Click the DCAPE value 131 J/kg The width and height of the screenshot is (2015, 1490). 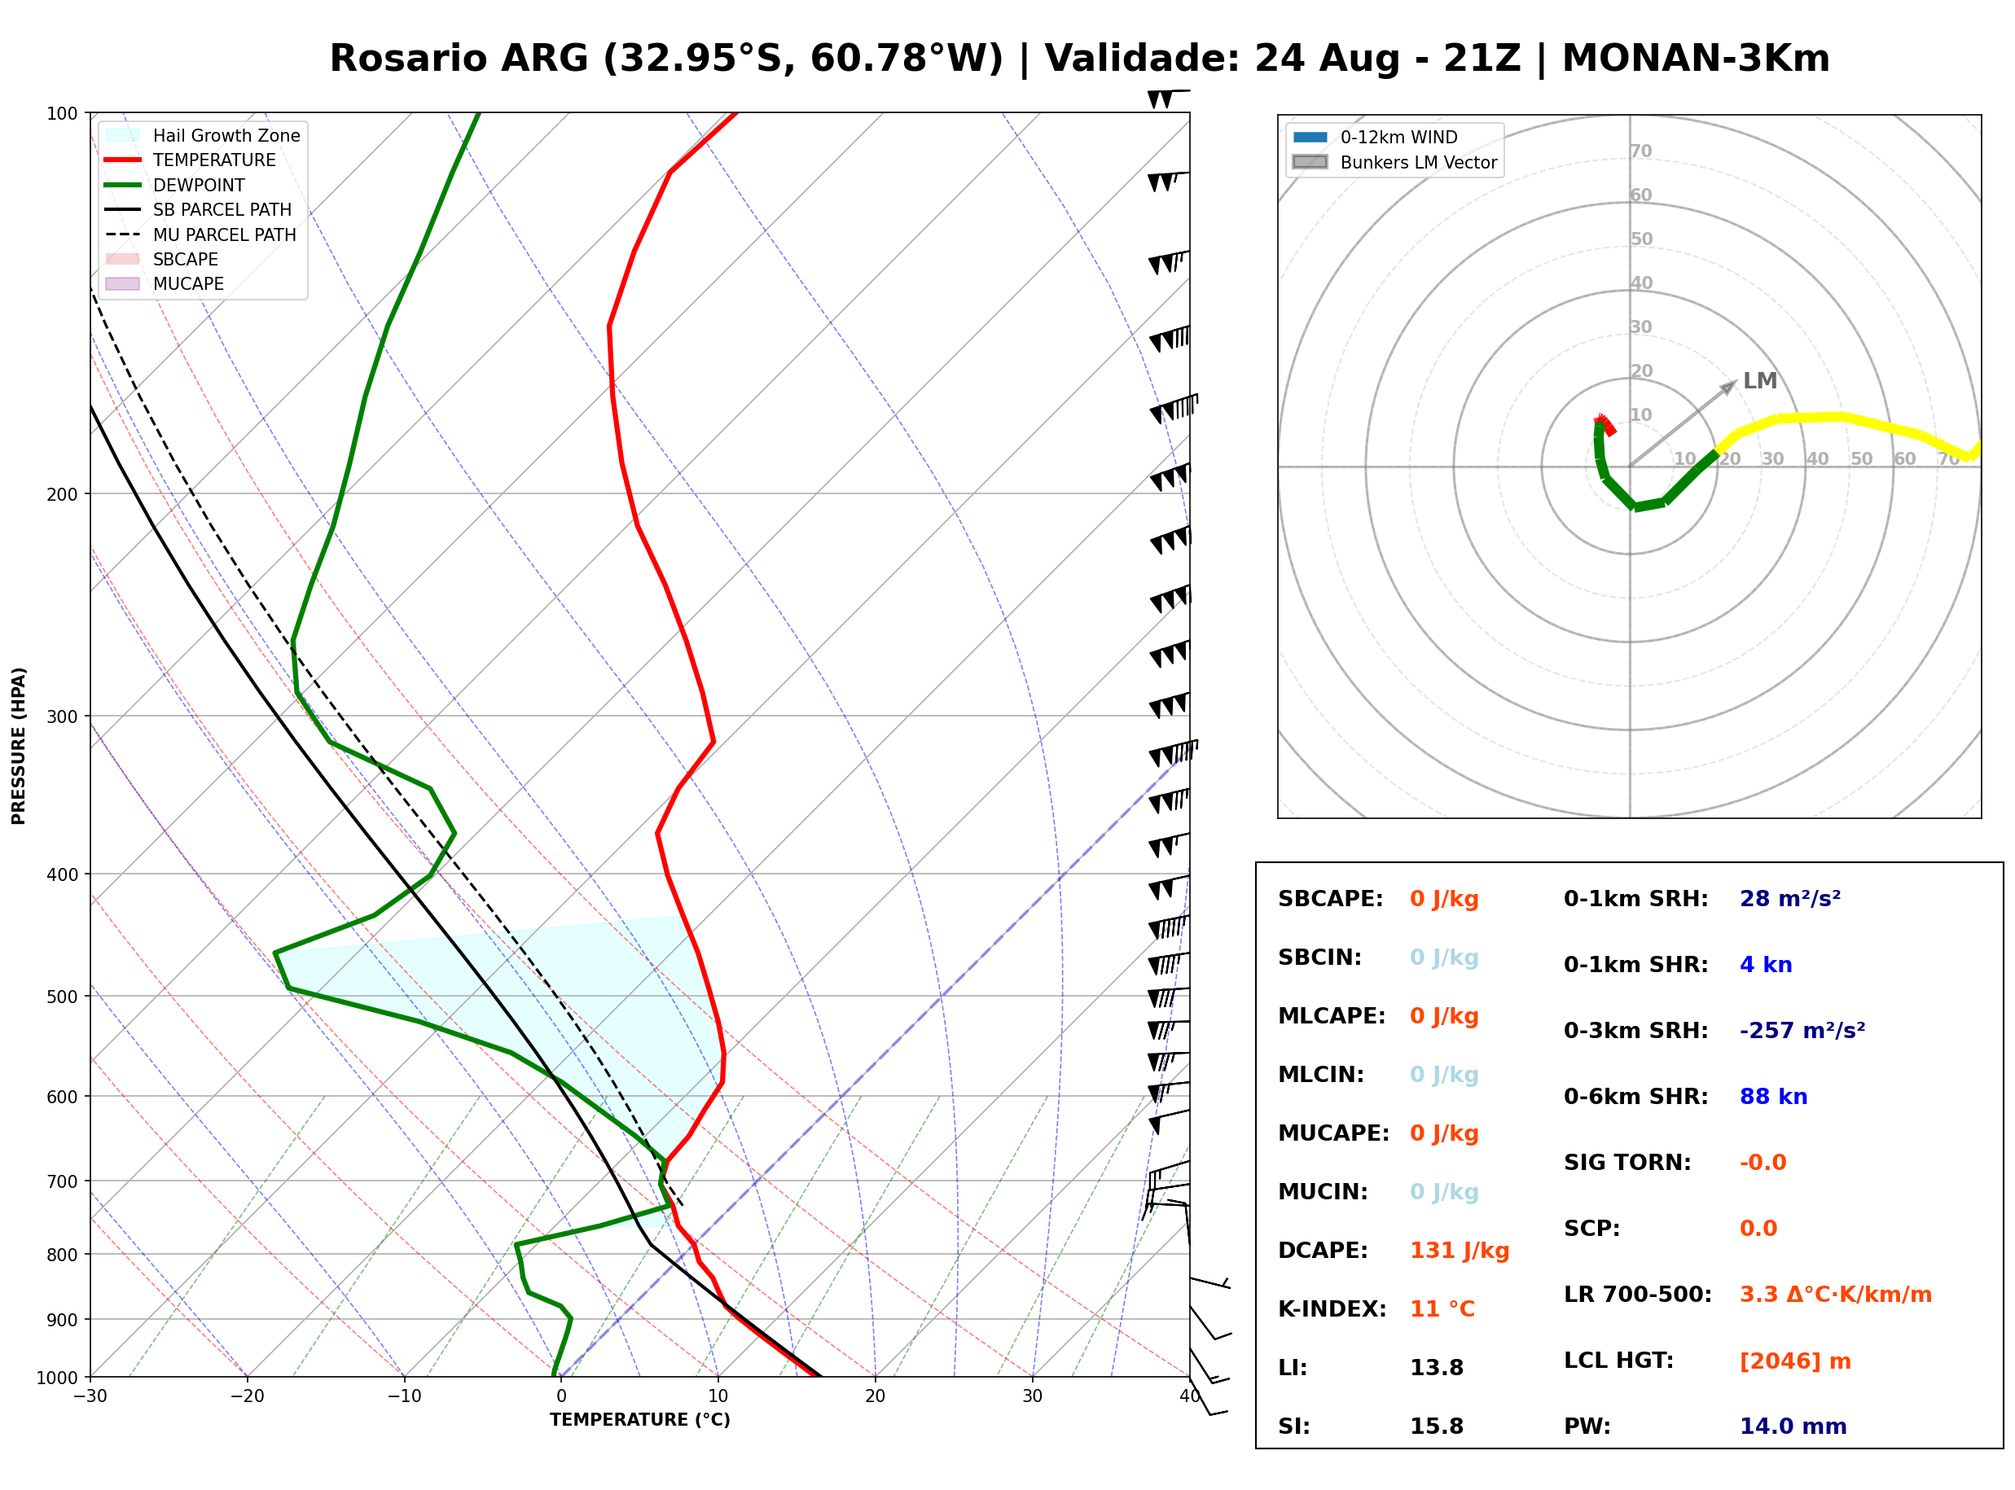(1460, 1251)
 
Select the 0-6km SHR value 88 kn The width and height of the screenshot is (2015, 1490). (1773, 1097)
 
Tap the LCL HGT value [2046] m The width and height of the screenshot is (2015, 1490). (1795, 1361)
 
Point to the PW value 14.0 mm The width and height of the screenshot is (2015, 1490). (1793, 1426)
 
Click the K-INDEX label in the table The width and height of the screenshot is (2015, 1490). (1332, 1309)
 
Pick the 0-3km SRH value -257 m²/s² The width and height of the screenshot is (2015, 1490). (1802, 1030)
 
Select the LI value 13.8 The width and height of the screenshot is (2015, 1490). (1437, 1368)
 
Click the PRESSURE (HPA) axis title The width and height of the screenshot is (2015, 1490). (19, 746)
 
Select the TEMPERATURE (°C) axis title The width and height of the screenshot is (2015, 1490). (640, 1421)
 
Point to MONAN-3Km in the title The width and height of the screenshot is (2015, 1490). (1696, 59)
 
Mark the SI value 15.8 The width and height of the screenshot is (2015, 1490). (1437, 1426)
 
